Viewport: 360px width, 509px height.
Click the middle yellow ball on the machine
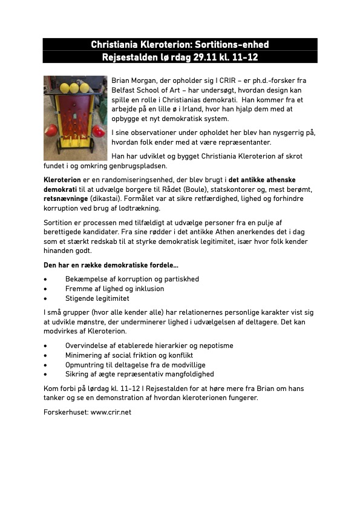pos(74,88)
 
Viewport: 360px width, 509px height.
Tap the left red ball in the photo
pos(51,130)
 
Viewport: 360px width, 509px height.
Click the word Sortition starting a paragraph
pos(60,223)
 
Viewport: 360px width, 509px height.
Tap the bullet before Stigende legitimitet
pos(46,298)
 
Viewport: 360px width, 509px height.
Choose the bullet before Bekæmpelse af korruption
pos(46,279)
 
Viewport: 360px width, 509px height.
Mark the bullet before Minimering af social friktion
pos(46,355)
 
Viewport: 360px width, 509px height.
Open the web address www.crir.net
pos(111,412)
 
